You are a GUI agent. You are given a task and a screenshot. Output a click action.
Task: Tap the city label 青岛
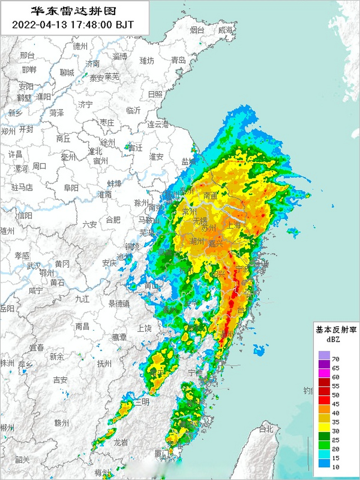178,60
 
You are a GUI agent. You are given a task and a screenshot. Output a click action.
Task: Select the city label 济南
93,64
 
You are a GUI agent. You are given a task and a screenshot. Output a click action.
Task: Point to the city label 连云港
157,124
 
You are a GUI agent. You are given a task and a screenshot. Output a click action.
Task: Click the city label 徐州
108,142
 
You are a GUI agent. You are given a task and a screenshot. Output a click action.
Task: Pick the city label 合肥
113,219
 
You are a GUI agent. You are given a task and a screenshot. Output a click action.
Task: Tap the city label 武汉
34,265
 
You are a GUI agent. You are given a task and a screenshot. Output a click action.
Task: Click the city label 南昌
82,326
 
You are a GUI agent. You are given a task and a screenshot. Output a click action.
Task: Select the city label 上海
234,225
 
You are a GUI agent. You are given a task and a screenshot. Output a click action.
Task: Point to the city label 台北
266,429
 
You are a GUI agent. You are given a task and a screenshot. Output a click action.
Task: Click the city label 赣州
61,423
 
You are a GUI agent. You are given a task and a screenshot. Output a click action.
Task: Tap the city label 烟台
197,30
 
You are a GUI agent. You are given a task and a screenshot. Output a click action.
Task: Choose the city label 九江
82,299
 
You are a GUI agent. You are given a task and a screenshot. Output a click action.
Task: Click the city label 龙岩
121,442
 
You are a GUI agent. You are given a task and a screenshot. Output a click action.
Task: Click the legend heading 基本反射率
336,330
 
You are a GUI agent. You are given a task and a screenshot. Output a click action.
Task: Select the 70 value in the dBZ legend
336,359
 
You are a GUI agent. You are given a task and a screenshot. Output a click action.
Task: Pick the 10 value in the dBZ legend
336,467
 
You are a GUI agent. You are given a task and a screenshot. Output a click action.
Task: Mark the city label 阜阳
71,187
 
